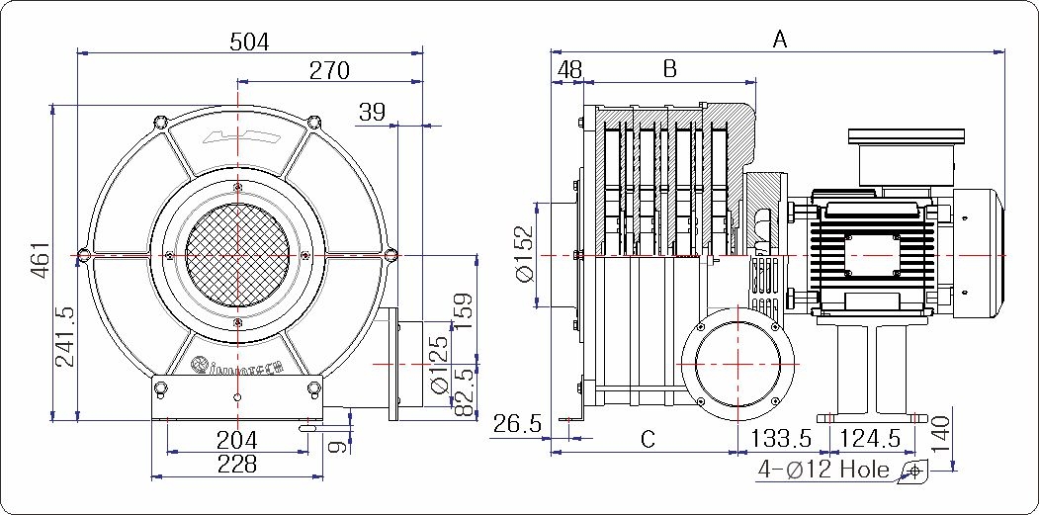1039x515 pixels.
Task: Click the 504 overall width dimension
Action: (249, 42)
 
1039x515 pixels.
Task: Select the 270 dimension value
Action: (329, 70)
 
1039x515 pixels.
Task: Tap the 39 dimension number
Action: (372, 112)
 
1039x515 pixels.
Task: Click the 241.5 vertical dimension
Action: (65, 336)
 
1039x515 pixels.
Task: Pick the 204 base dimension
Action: (236, 440)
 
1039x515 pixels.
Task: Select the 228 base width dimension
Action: (236, 464)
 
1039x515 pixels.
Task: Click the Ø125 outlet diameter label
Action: (440, 364)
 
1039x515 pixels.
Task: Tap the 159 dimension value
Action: (462, 313)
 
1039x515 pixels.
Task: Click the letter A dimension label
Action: (780, 40)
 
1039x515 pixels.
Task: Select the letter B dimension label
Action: (669, 69)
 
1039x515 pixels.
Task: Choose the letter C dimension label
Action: (648, 440)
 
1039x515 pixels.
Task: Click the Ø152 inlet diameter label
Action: (524, 255)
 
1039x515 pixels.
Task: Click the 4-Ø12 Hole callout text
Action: (823, 470)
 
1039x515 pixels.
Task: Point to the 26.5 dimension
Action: (517, 425)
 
